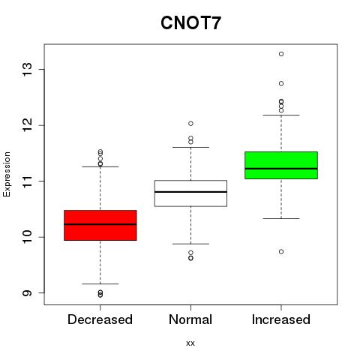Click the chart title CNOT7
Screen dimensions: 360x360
pyautogui.click(x=190, y=22)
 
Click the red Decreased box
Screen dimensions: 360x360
pyautogui.click(x=100, y=225)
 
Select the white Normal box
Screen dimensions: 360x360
pyautogui.click(x=190, y=193)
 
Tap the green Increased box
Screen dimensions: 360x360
pyautogui.click(x=281, y=165)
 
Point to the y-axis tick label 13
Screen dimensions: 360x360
pyautogui.click(x=28, y=70)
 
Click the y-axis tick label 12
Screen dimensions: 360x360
pyautogui.click(x=28, y=125)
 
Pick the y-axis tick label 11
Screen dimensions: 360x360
pyautogui.click(x=28, y=181)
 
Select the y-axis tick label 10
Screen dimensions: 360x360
pyautogui.click(x=28, y=237)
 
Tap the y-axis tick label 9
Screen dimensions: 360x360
pyautogui.click(x=28, y=292)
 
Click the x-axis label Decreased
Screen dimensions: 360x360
pyautogui.click(x=100, y=319)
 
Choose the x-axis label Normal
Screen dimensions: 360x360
pyautogui.click(x=190, y=319)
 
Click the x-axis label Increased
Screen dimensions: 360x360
pyautogui.click(x=281, y=319)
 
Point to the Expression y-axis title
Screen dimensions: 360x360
pyautogui.click(x=7, y=174)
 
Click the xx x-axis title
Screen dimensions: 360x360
pyautogui.click(x=190, y=343)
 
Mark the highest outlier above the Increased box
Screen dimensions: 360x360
pyautogui.click(x=281, y=54)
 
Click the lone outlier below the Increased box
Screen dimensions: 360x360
pyautogui.click(x=281, y=252)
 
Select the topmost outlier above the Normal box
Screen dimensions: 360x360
pyautogui.click(x=190, y=124)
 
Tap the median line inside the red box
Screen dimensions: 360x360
pyautogui.click(x=100, y=224)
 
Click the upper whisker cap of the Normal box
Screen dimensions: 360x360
pyautogui.click(x=190, y=147)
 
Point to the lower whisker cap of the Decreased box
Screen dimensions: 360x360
pyautogui.click(x=100, y=283)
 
